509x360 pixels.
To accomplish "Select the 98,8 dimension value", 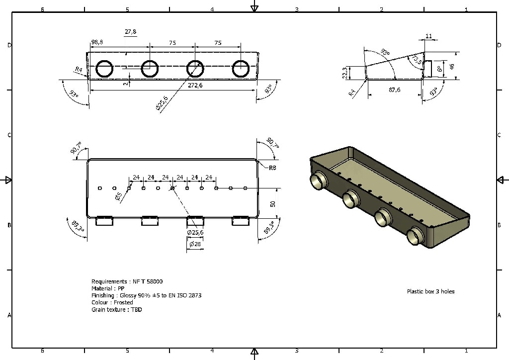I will (x=97, y=43).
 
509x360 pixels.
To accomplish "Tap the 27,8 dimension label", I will (x=131, y=32).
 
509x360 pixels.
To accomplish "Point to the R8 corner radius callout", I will (x=272, y=168).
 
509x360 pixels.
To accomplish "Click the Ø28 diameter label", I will (x=195, y=244).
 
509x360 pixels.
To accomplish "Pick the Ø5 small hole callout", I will (x=119, y=197).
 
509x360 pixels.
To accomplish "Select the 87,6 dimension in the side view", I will (x=395, y=90).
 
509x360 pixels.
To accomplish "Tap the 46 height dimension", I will (x=452, y=66).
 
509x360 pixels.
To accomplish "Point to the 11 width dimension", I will (x=429, y=36).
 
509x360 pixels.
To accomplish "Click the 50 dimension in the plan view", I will (x=272, y=204).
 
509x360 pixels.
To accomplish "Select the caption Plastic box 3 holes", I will (x=430, y=291).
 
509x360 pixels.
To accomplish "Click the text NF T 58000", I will (x=148, y=281).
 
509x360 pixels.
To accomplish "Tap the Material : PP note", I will (x=108, y=288).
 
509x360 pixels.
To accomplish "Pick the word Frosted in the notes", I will (x=123, y=302).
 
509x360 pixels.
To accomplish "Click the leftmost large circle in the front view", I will (x=104, y=69).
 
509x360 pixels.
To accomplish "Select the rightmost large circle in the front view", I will (x=241, y=69).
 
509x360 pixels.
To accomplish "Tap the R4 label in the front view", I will (x=79, y=70).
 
